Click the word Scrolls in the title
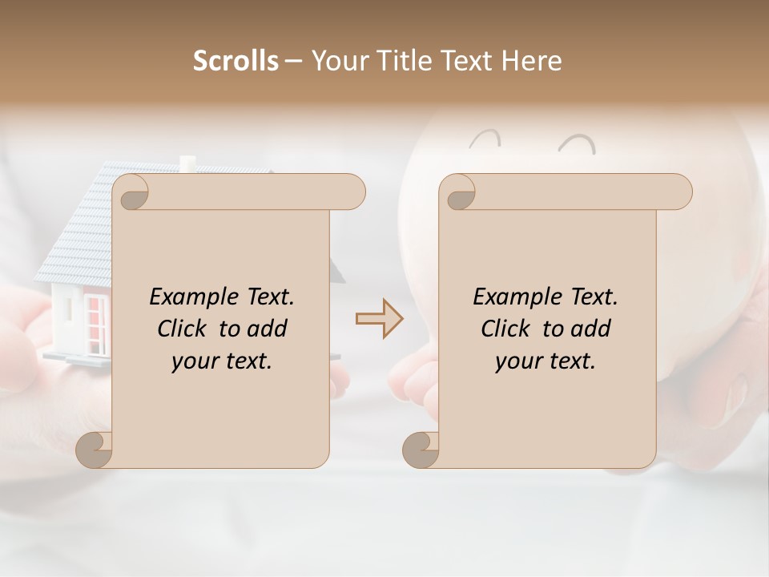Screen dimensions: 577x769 tap(236, 61)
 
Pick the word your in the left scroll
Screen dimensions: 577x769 tap(194, 361)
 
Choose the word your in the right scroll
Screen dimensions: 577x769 tap(517, 361)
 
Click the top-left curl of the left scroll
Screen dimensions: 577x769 tap(133, 192)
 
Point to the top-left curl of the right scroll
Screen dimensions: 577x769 tap(460, 192)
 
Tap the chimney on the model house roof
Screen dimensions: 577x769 tap(187, 163)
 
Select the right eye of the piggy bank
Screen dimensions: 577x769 tap(578, 144)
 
